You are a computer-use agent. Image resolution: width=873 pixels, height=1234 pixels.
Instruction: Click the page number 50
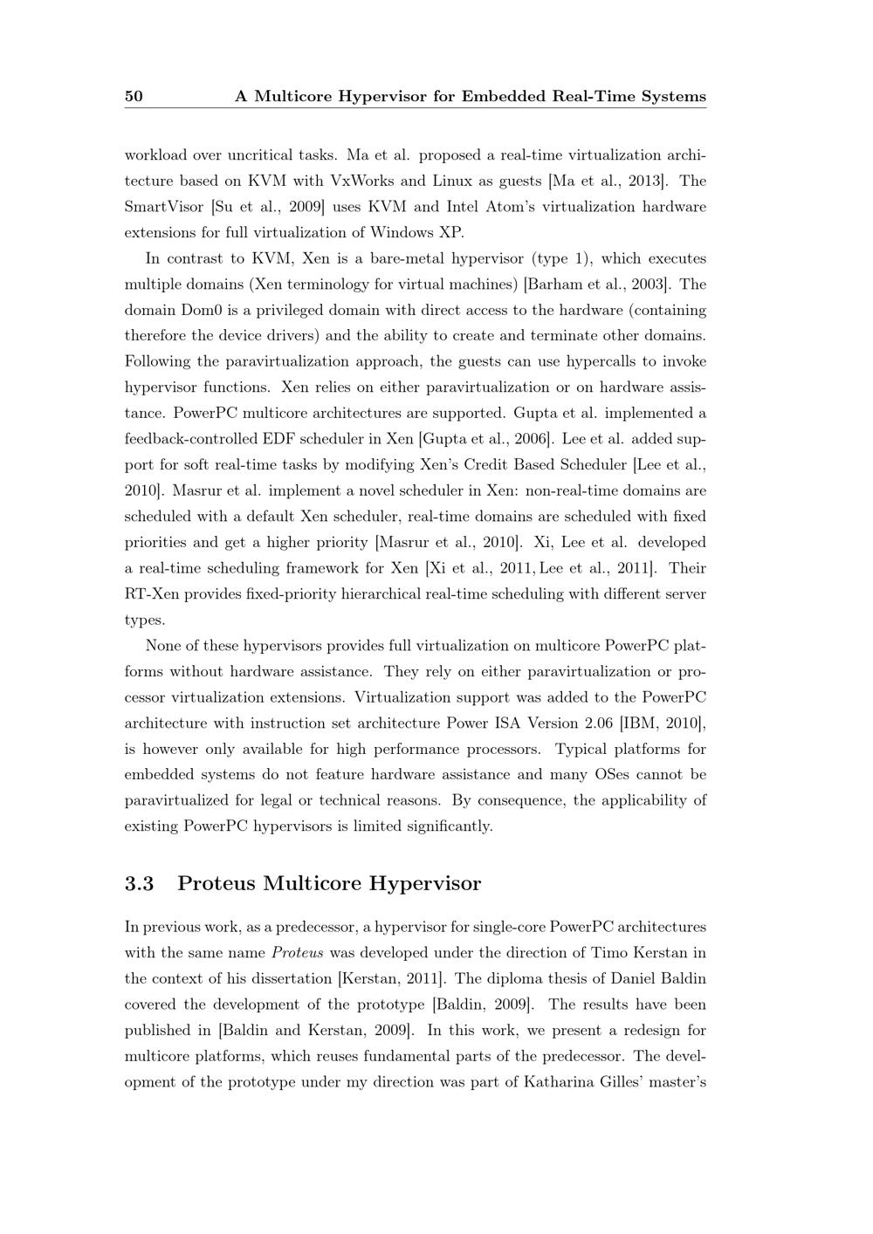pyautogui.click(x=134, y=96)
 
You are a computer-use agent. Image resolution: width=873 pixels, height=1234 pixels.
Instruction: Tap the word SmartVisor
pyautogui.click(x=164, y=207)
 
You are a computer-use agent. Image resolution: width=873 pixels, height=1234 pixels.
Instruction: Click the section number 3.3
pyautogui.click(x=140, y=883)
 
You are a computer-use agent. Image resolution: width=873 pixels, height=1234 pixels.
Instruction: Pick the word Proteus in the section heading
pyautogui.click(x=217, y=883)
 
